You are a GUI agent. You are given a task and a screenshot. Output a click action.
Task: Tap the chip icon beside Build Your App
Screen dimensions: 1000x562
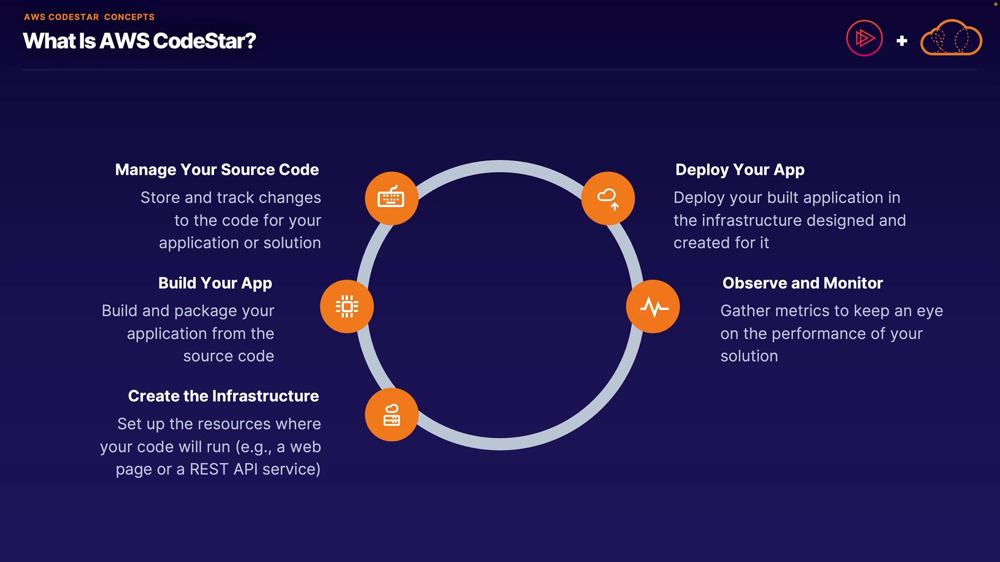pyautogui.click(x=347, y=306)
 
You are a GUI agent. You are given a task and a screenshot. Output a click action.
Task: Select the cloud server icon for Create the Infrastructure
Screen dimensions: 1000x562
pyautogui.click(x=392, y=415)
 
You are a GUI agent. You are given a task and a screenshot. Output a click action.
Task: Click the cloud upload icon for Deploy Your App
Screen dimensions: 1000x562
pyautogui.click(x=608, y=198)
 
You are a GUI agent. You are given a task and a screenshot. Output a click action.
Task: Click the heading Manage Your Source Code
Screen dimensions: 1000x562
pyautogui.click(x=217, y=170)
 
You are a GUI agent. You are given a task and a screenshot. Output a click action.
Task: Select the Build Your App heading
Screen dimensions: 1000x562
pyautogui.click(x=215, y=283)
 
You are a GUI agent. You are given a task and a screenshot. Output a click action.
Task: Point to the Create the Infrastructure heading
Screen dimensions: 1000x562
pyautogui.click(x=223, y=396)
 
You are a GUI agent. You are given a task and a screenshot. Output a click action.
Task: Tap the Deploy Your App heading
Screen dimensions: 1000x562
pyautogui.click(x=740, y=170)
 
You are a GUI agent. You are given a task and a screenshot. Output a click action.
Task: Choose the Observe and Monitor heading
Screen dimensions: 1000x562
pyautogui.click(x=803, y=283)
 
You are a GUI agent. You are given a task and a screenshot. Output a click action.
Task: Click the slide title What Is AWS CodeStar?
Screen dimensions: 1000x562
pyautogui.click(x=140, y=41)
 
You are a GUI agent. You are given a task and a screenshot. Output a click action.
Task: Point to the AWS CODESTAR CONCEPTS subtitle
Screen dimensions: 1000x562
pyautogui.click(x=89, y=17)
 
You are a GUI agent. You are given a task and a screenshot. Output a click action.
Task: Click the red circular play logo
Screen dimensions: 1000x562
pyautogui.click(x=865, y=38)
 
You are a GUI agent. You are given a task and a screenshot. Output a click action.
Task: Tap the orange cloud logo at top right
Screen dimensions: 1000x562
pyautogui.click(x=952, y=37)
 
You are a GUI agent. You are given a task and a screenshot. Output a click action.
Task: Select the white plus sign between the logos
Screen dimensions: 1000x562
pyautogui.click(x=902, y=41)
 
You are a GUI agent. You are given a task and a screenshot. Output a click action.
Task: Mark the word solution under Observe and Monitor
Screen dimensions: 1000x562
pyautogui.click(x=749, y=356)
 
